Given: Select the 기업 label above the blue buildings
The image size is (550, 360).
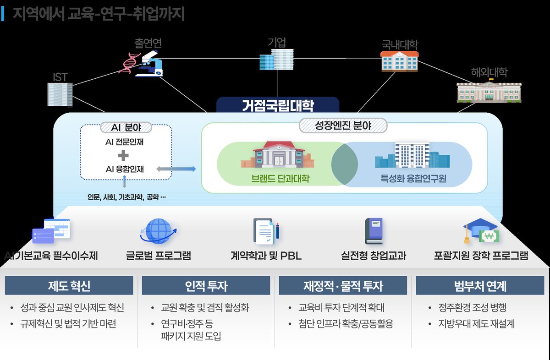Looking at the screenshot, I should (277, 43).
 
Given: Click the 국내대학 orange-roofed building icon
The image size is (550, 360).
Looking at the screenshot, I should (399, 60).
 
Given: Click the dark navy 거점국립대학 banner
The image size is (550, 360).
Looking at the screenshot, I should (278, 105).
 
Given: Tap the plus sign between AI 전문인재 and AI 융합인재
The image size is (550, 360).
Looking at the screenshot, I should (124, 156).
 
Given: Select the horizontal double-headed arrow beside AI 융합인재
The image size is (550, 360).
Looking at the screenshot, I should (176, 169).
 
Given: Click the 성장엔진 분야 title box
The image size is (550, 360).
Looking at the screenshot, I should (343, 125).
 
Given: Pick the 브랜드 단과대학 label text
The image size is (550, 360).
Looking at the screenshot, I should (277, 178).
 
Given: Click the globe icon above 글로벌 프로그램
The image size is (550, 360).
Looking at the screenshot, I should (157, 231).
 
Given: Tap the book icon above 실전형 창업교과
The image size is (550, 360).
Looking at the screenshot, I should (373, 231).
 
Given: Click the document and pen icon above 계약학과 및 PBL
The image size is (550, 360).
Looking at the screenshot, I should (266, 231).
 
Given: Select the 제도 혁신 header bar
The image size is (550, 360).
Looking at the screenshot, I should (69, 286).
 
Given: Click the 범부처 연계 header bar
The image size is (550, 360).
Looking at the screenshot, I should (480, 286).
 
